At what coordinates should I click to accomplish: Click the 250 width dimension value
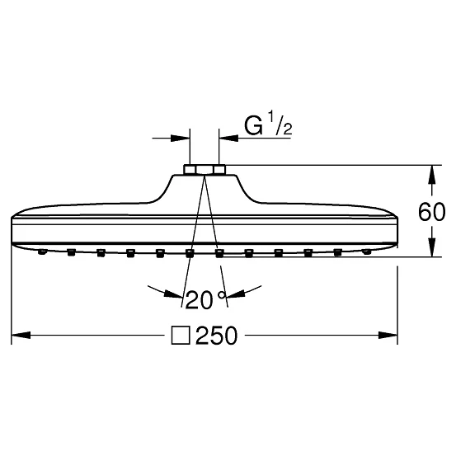coord(217,336)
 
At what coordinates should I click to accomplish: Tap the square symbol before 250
coord(181,336)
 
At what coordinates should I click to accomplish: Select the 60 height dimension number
coord(431,212)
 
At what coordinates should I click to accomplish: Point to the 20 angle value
coord(200,300)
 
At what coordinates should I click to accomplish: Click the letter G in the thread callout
coord(253,126)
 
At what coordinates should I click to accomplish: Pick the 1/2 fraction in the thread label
coord(280,124)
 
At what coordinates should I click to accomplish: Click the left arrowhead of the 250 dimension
coord(21,336)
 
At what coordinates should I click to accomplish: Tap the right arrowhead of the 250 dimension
coord(388,336)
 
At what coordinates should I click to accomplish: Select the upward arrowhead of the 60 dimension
coord(432,175)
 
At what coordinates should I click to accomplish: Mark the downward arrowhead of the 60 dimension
coord(432,247)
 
